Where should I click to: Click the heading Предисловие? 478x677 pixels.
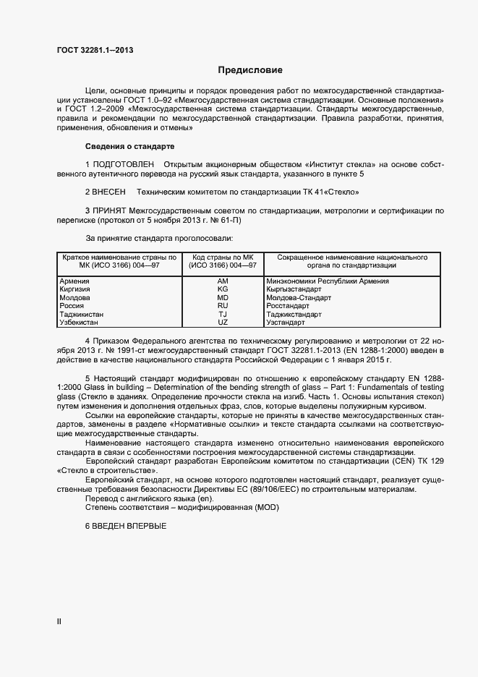click(x=250, y=70)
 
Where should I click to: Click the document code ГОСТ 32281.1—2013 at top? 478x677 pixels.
click(x=95, y=50)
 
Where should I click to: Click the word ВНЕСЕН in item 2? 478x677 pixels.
click(x=108, y=192)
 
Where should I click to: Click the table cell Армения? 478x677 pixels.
click(x=74, y=281)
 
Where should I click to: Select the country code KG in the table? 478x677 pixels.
click(x=223, y=289)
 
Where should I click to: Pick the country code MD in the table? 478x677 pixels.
click(x=223, y=297)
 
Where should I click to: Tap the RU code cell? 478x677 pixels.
click(x=223, y=305)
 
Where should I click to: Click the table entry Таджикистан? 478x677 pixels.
click(x=81, y=314)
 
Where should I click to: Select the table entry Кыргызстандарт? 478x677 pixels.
click(x=294, y=289)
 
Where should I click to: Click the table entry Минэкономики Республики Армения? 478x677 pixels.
click(x=328, y=281)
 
